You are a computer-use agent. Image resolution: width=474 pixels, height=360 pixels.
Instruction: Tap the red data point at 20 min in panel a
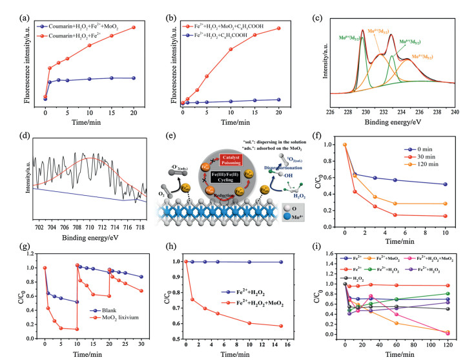click(134, 27)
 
